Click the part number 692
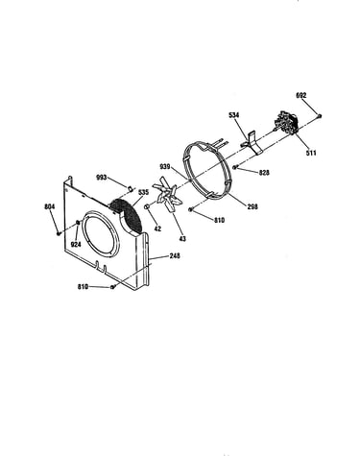coord(301,95)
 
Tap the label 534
coord(234,115)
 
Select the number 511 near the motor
coord(311,153)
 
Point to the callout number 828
coord(264,173)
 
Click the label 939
coord(165,167)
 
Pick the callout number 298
coord(252,206)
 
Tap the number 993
coord(102,178)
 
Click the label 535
coord(143,192)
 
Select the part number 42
coord(157,228)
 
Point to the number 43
coord(182,239)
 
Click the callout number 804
coord(50,206)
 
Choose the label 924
coord(76,245)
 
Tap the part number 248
coord(175,256)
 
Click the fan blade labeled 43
coord(168,197)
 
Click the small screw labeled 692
coord(320,116)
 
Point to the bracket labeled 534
coord(252,143)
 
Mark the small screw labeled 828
coord(235,167)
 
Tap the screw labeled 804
coord(59,234)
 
